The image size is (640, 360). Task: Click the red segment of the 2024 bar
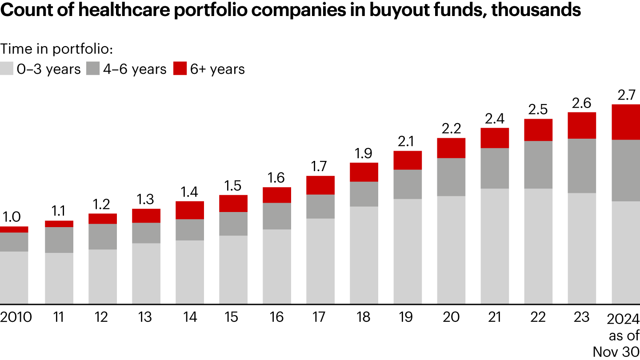point(626,122)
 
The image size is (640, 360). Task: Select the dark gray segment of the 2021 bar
point(495,168)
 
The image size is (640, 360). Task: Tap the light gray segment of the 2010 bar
point(14,278)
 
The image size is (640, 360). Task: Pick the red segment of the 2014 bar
point(190,210)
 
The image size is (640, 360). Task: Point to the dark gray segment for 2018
point(364,194)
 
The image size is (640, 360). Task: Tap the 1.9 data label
point(364,153)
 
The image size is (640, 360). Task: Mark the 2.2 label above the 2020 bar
point(451,129)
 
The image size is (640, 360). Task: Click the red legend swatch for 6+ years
point(180,69)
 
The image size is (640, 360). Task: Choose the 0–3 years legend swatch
point(6,69)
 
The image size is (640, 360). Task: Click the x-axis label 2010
point(16,317)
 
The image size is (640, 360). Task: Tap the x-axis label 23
point(582,317)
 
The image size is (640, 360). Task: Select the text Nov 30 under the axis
point(616,351)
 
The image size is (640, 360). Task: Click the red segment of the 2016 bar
point(277,195)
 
